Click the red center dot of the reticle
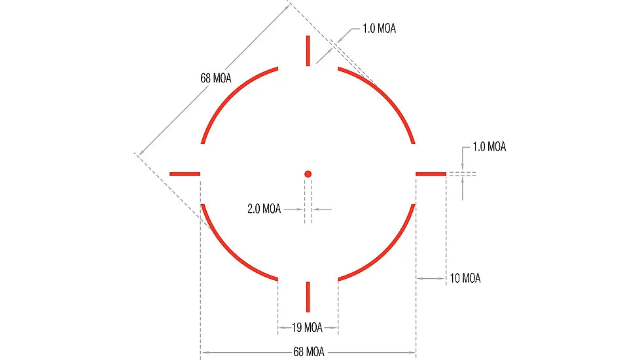308,174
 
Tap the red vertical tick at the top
308,50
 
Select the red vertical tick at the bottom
308,297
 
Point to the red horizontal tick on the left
185,174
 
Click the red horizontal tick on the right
431,174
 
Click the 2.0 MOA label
264,209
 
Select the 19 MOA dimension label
307,327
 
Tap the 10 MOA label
465,278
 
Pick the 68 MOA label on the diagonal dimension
216,78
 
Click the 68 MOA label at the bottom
309,352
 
